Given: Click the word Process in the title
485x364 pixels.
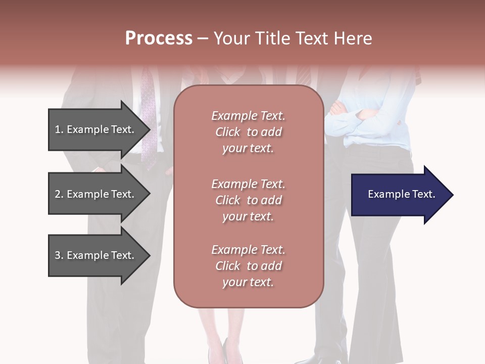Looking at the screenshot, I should click(159, 38).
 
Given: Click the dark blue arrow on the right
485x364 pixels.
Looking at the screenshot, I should click(399, 195).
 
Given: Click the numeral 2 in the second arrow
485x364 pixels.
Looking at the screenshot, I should click(58, 194).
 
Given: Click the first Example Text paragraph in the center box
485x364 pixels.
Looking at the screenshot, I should click(248, 132).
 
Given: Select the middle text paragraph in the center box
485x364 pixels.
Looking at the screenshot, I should click(248, 200).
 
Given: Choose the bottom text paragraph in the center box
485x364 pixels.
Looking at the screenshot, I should click(248, 266).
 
